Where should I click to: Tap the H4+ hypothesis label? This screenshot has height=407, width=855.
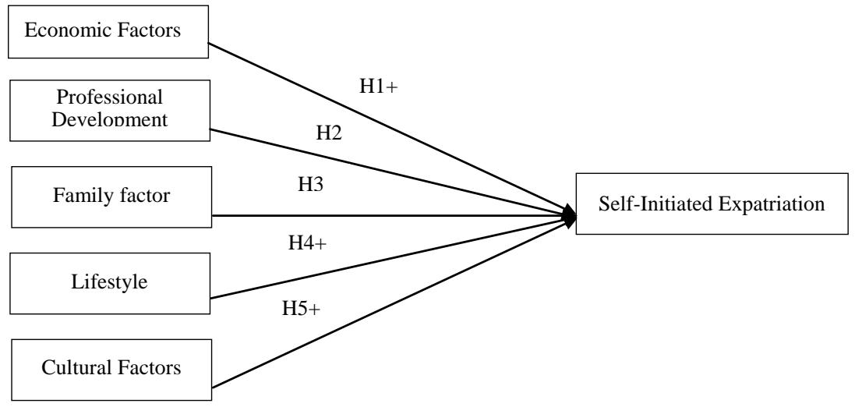(x=308, y=242)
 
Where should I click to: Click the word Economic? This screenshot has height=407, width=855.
(x=59, y=30)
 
